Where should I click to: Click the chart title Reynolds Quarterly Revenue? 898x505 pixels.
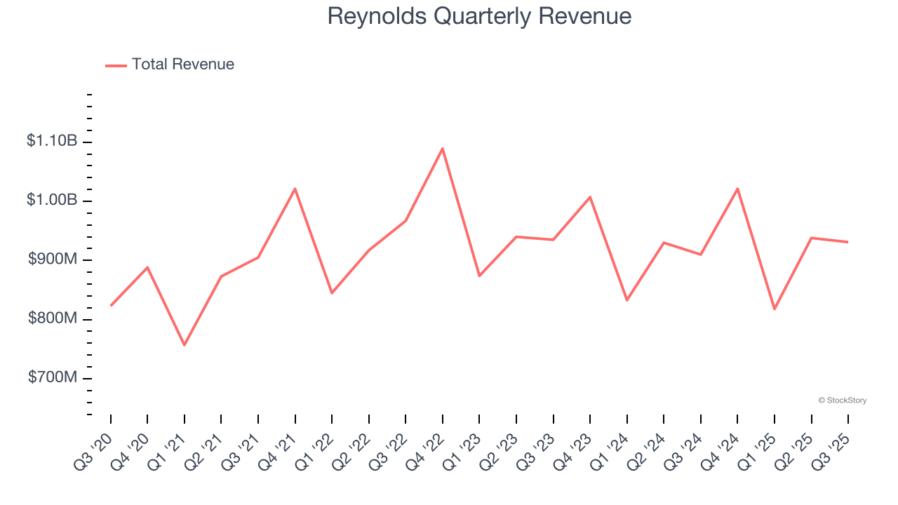479,16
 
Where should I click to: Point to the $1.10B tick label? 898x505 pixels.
52,141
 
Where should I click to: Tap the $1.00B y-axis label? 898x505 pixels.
52,200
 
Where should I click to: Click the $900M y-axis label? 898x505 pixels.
53,260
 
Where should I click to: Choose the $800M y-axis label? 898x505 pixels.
53,318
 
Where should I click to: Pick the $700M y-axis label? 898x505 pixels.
53,377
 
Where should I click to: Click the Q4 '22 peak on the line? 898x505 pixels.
443,148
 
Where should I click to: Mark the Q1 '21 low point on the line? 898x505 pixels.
185,345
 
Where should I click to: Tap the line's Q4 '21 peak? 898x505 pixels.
295,189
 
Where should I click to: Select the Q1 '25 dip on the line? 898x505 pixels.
775,309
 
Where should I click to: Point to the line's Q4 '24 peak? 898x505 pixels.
738,189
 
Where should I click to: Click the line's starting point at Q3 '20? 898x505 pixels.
111,306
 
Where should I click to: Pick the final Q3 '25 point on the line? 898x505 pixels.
848,242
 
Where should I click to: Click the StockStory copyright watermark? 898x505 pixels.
842,400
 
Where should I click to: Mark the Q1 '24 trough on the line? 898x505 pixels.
627,300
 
